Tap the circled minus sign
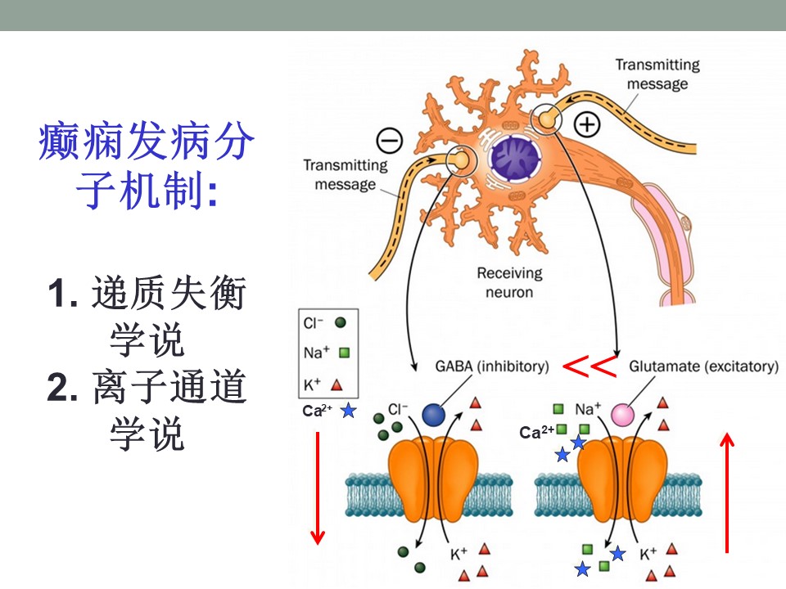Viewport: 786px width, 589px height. click(x=389, y=140)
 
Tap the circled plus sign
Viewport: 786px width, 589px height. click(x=588, y=124)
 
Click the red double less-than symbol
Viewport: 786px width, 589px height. click(x=590, y=366)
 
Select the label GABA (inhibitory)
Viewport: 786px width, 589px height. click(x=481, y=366)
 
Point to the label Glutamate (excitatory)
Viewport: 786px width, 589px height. click(x=703, y=366)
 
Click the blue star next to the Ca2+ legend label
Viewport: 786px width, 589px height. click(x=348, y=411)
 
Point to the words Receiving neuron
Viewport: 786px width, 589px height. click(x=510, y=282)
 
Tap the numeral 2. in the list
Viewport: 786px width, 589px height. click(x=61, y=389)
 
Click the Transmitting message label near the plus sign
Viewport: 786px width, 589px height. click(x=657, y=73)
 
